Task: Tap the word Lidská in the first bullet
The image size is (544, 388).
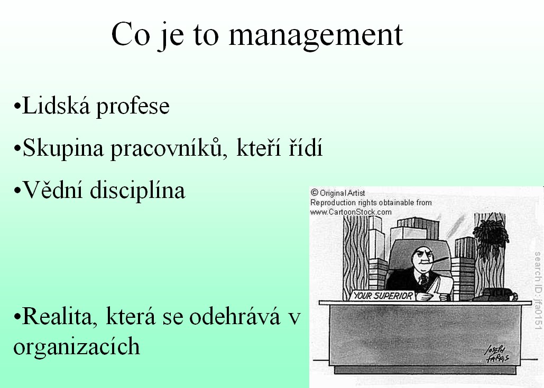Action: [x=56, y=106]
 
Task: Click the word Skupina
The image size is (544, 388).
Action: [x=63, y=148]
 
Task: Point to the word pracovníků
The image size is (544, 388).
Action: [x=169, y=148]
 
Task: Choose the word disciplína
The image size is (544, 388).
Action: [x=137, y=191]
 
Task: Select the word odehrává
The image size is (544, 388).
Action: [x=235, y=316]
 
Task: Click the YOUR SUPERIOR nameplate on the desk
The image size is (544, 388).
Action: [x=383, y=296]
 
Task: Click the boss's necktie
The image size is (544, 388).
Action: [x=423, y=279]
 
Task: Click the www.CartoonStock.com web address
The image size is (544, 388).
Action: [x=351, y=212]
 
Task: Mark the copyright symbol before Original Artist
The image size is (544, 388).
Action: [x=315, y=193]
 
